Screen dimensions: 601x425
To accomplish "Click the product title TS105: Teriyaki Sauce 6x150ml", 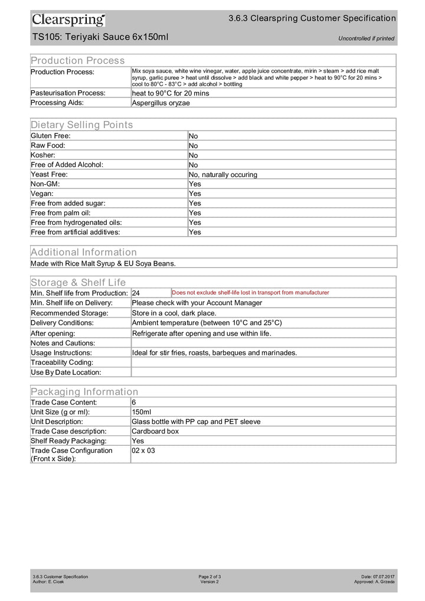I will [100, 38].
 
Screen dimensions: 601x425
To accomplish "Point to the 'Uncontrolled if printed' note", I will [366, 39].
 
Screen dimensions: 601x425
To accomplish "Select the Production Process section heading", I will [77, 60].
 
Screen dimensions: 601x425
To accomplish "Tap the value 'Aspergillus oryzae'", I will [161, 102].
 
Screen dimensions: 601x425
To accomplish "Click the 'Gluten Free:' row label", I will [51, 136].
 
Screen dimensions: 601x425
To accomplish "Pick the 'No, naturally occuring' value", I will [223, 175].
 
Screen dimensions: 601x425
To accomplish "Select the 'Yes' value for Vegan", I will [195, 194].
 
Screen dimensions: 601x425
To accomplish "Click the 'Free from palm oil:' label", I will [60, 213].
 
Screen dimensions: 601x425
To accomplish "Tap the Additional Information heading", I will [83, 252].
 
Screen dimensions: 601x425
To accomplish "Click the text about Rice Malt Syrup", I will [103, 263].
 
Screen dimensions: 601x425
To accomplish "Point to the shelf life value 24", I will [136, 293].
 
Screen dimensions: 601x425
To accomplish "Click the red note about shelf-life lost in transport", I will [250, 293].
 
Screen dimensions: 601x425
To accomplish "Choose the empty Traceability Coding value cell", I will [263, 362].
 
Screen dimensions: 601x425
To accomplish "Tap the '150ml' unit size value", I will [142, 411].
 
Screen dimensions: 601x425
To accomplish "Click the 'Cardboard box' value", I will [155, 431].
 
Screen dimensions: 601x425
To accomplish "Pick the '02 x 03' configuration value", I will [143, 450].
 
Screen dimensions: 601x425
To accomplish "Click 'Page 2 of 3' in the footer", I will [210, 576].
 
